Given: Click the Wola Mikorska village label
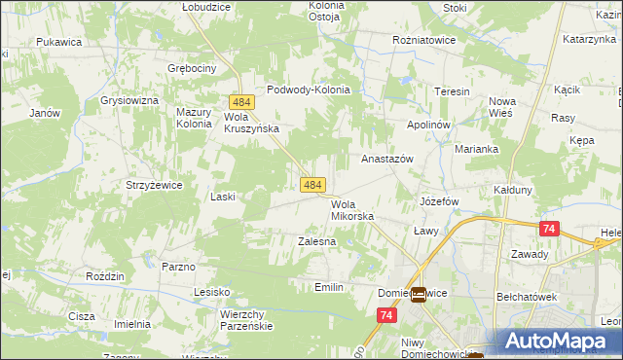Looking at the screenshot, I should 352,210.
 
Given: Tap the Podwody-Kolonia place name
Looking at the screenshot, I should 308,90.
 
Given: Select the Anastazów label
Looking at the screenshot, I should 387,158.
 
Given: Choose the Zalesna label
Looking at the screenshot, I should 316,240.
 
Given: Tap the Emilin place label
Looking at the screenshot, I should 329,287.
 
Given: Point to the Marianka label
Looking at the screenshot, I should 477,149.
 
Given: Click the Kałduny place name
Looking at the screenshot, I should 513,190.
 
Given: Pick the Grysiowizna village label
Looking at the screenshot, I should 128,100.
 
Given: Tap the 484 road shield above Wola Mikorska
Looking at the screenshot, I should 312,184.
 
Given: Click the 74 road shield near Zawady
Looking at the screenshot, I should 549,229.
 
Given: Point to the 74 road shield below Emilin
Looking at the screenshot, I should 387,315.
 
